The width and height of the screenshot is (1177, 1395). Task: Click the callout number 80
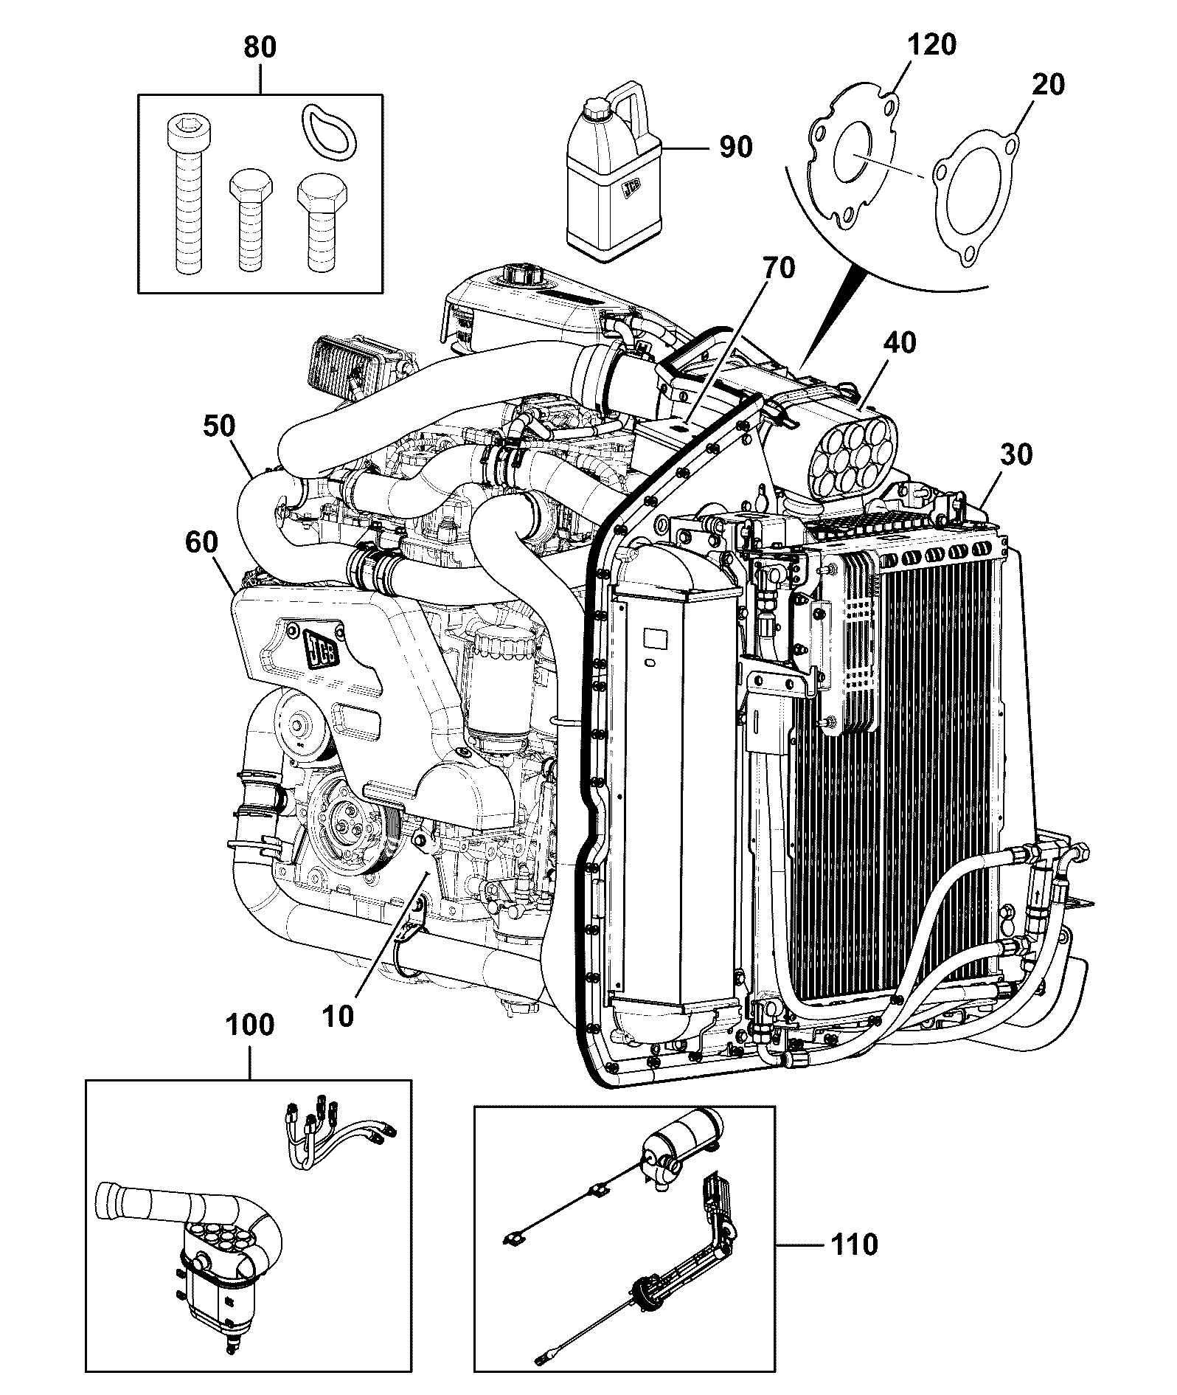pos(260,47)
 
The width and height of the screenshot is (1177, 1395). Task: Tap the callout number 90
pos(735,147)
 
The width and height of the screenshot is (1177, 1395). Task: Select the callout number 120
pos(931,45)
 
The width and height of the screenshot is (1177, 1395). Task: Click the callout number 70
pos(779,268)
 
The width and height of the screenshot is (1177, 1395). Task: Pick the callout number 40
pos(899,342)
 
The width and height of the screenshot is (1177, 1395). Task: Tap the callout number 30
pos(1017,454)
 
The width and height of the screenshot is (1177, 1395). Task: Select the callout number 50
pos(218,426)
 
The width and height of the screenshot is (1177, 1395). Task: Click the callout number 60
pos(202,544)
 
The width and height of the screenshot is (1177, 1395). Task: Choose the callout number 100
pos(249,1025)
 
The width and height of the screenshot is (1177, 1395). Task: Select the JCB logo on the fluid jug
pos(632,190)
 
